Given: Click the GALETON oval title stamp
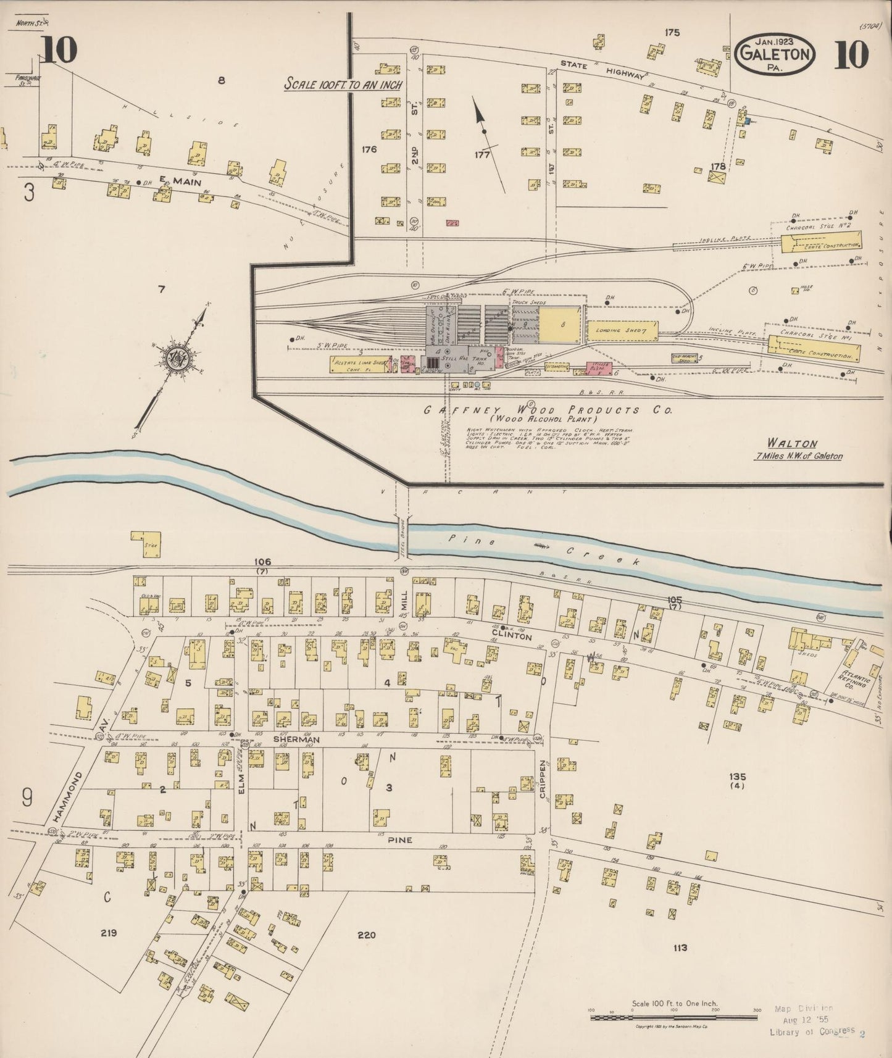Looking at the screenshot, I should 777,54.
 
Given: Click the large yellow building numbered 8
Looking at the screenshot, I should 561,324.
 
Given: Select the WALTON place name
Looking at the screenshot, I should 792,443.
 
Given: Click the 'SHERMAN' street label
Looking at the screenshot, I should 288,739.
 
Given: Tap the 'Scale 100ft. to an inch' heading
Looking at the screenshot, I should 343,85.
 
